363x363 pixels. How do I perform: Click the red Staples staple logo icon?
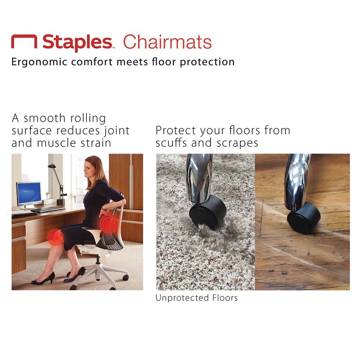click(x=24, y=42)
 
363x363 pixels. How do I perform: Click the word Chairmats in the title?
click(x=167, y=42)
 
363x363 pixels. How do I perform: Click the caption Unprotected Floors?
click(x=196, y=298)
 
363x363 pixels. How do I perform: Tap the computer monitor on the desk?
click(x=29, y=194)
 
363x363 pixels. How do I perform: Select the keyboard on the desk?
click(x=47, y=210)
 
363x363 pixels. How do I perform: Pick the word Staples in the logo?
click(x=77, y=42)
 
